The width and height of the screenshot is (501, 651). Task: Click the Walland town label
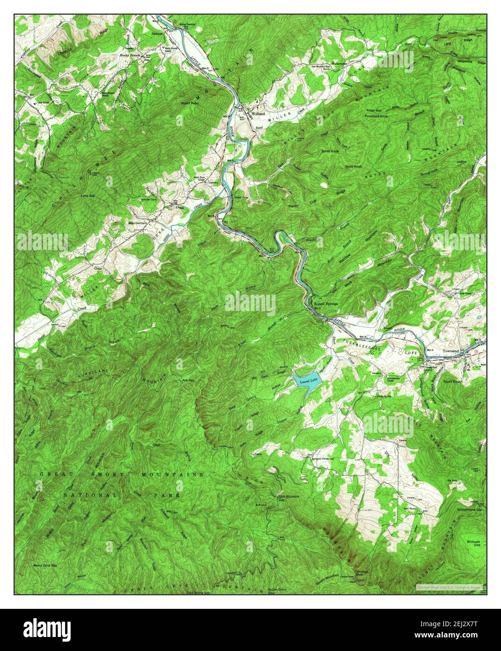coord(258,114)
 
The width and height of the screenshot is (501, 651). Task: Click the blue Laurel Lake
coord(307,382)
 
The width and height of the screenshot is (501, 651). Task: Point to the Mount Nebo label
coord(191,103)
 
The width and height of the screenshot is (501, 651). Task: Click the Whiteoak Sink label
coord(472,544)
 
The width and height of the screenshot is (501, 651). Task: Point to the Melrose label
coord(157,34)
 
